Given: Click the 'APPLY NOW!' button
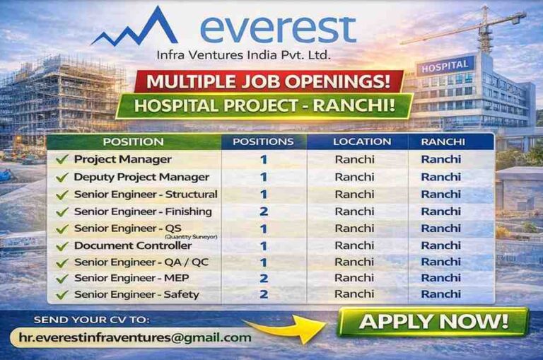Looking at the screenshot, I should (x=433, y=322).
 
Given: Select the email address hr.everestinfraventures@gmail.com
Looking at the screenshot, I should (x=135, y=337).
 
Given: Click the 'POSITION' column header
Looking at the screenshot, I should (x=133, y=141).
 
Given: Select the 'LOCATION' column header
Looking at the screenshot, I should (x=357, y=141).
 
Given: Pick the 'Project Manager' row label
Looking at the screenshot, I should (x=122, y=159).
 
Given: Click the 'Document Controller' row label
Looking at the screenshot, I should (x=133, y=245).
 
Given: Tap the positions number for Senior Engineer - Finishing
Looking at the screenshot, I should (x=263, y=211).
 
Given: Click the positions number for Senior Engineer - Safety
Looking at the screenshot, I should (x=263, y=294).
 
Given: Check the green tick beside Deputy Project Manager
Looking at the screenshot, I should (x=62, y=178).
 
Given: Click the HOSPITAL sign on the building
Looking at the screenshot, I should (x=445, y=65).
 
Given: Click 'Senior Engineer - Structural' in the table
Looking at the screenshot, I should (x=146, y=194).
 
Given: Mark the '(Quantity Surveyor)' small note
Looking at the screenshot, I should (x=192, y=236).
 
